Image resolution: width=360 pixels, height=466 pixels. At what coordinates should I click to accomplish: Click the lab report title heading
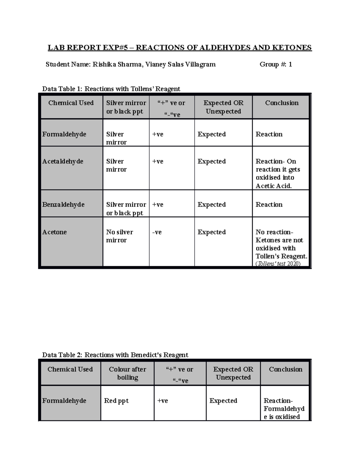click(x=180, y=48)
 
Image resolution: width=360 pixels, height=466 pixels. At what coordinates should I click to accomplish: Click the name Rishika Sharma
click(x=117, y=64)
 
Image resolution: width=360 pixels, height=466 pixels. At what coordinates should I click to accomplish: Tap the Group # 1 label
click(x=275, y=64)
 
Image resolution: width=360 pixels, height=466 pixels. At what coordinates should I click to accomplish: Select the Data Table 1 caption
click(x=111, y=89)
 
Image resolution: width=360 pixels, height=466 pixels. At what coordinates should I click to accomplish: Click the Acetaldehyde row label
click(x=63, y=161)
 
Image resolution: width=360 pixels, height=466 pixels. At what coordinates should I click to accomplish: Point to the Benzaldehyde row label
click(x=63, y=205)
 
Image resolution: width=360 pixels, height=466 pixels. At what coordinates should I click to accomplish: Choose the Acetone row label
click(x=55, y=232)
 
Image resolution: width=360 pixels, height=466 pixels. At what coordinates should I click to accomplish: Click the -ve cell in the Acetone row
click(x=157, y=232)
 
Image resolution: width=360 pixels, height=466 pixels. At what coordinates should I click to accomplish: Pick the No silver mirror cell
click(x=119, y=236)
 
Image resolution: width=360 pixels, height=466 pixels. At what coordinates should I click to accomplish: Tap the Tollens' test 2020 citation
click(x=278, y=264)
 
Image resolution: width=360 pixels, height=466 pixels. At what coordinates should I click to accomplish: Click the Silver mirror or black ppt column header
click(x=126, y=107)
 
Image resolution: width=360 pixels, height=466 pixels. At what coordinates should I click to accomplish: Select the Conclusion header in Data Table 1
click(x=282, y=103)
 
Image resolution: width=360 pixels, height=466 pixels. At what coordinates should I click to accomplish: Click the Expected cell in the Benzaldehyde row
click(x=211, y=205)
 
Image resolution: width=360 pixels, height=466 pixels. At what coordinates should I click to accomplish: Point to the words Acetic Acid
click(x=274, y=186)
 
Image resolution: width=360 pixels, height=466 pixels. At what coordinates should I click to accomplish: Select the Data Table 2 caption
click(x=115, y=355)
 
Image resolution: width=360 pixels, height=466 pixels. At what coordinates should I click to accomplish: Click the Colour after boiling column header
click(x=127, y=373)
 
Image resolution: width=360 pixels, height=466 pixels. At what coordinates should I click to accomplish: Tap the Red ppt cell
click(x=116, y=401)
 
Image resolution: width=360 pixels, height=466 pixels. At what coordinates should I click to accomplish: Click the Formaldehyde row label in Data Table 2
click(x=64, y=401)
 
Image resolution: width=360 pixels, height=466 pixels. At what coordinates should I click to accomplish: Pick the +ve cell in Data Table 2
click(x=163, y=401)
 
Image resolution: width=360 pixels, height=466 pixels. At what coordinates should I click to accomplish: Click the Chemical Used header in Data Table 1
click(x=71, y=103)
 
